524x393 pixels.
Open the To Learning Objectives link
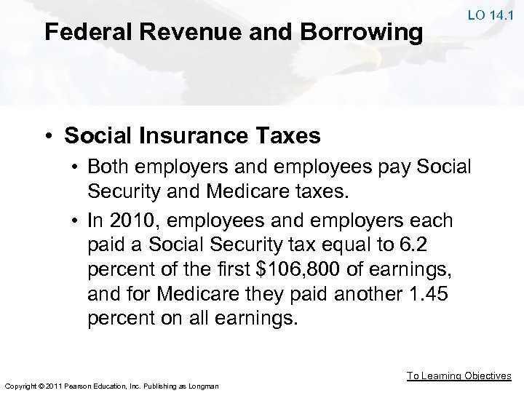pyautogui.click(x=458, y=376)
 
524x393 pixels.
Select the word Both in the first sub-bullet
pyautogui.click(x=106, y=166)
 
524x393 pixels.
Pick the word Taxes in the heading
pyautogui.click(x=290, y=135)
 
